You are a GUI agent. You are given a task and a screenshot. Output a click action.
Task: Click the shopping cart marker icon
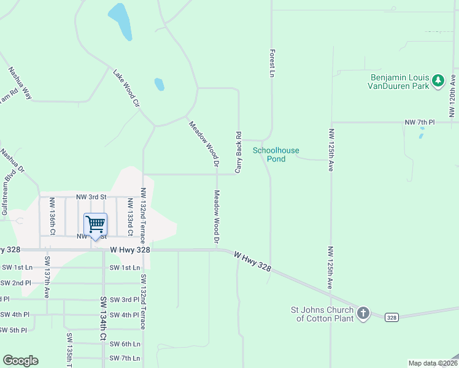pyautogui.click(x=95, y=224)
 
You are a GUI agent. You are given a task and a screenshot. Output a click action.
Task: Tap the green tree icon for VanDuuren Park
pyautogui.click(x=438, y=81)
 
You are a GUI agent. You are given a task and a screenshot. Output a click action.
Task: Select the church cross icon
pyautogui.click(x=363, y=313)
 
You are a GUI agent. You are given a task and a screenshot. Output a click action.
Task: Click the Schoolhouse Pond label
pyautogui.click(x=269, y=154)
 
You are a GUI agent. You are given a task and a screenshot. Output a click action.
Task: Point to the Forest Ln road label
pyautogui.click(x=271, y=64)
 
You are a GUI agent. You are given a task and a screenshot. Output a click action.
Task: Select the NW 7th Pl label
pyautogui.click(x=420, y=123)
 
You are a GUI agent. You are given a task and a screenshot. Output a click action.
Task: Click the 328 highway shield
pyautogui.click(x=393, y=317)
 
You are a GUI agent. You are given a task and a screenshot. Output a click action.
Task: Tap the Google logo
pyautogui.click(x=20, y=361)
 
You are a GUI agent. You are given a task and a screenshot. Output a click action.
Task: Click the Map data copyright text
pyautogui.click(x=432, y=363)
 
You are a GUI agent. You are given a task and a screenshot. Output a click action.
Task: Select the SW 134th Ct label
pyautogui.click(x=103, y=320)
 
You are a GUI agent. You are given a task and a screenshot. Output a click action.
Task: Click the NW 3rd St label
pyautogui.click(x=91, y=197)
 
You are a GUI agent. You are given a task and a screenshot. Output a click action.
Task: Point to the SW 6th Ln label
pyautogui.click(x=125, y=344)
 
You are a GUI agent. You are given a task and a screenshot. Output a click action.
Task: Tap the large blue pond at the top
pyautogui.click(x=120, y=21)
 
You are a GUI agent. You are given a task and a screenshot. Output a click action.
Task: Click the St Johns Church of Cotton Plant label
pyautogui.click(x=323, y=314)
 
